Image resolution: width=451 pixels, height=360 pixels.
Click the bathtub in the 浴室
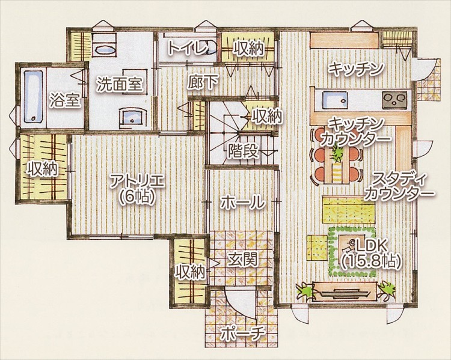33,96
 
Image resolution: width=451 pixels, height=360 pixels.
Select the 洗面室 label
120,84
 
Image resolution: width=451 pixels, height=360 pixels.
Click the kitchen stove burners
394,100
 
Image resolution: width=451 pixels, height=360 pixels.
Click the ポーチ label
243,334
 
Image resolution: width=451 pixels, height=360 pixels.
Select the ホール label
242,202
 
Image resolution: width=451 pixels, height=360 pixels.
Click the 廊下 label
203,82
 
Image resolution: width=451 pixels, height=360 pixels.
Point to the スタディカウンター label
400,186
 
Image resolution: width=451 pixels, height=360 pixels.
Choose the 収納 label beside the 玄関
191,272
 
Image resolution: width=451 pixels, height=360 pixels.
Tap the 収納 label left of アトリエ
42,169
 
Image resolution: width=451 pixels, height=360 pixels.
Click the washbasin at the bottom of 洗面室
133,116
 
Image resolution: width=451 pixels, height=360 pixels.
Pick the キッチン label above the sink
356,69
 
